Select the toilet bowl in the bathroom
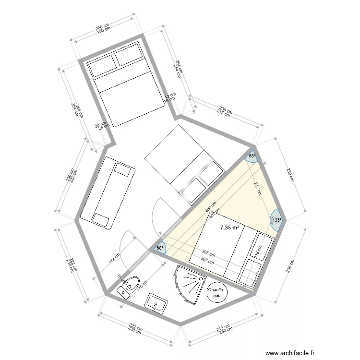(x=130, y=287)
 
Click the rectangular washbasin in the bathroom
(x=156, y=303)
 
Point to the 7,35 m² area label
(x=230, y=228)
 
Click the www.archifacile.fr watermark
(x=295, y=352)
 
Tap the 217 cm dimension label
(x=258, y=189)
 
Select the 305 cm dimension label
(x=208, y=252)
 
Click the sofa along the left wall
(x=107, y=191)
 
